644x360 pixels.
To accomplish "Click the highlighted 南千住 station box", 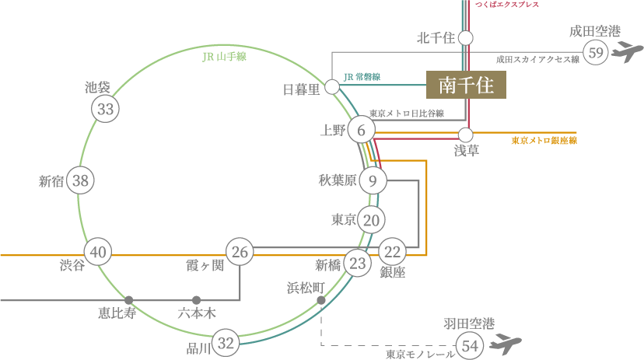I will [x=466, y=85].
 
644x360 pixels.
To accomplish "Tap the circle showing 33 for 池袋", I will [x=106, y=109].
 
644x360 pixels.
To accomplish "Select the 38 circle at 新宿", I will [x=80, y=181].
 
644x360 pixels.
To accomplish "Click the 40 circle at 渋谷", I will [x=98, y=252].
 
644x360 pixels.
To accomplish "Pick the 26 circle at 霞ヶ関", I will [x=240, y=252].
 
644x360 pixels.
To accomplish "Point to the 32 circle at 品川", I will [x=226, y=343].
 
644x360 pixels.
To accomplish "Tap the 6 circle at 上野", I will [x=361, y=130].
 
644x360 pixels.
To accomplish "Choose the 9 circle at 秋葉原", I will [x=373, y=181].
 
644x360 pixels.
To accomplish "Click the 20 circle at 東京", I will [x=372, y=220].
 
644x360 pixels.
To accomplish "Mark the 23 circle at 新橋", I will [x=357, y=264].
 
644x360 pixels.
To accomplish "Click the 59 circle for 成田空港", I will [x=597, y=53].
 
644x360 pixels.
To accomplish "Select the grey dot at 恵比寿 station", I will [x=128, y=299].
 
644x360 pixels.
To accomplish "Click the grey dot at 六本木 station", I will [x=196, y=299].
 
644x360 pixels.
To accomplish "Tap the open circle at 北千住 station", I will [x=466, y=37].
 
